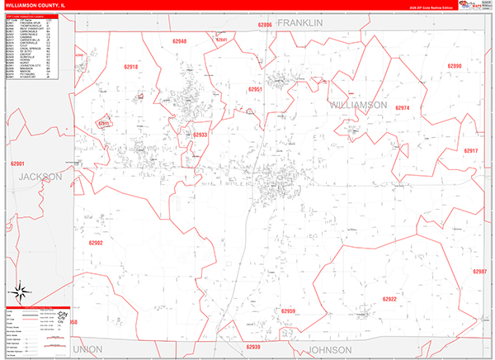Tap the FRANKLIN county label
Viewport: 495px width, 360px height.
(x=299, y=23)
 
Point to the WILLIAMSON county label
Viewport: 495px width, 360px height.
(x=358, y=106)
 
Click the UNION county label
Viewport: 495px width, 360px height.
(x=87, y=349)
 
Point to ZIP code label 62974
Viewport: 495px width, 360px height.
(x=403, y=108)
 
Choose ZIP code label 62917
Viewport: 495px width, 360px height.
(x=470, y=151)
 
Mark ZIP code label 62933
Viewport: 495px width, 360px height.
(x=200, y=135)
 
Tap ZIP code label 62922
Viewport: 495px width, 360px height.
(x=389, y=299)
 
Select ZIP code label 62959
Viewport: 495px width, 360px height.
(x=288, y=311)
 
